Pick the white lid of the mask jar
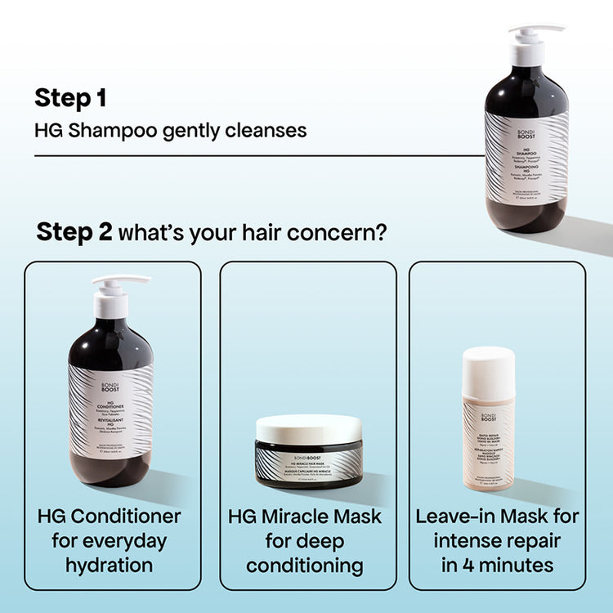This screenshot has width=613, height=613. pos(308,427)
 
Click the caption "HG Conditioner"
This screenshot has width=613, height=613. pos(110,517)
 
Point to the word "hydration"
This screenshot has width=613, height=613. pos(110,565)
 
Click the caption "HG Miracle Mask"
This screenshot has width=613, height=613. pos(304,517)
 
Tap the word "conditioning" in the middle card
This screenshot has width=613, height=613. pos(304,565)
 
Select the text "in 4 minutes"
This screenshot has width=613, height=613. pos(496,565)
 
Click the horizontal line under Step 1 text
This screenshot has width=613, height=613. pos(245,154)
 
